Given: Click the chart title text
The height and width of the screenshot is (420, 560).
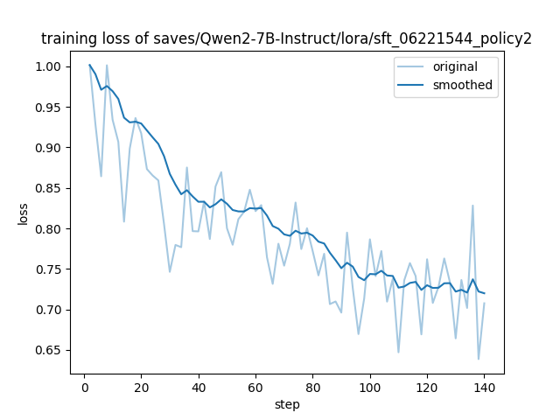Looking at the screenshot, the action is [286, 38].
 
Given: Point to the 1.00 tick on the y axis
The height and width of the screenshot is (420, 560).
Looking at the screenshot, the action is [50, 66].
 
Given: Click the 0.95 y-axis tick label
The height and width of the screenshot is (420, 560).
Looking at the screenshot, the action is [50, 108].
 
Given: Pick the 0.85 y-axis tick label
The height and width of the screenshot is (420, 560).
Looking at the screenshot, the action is [50, 188].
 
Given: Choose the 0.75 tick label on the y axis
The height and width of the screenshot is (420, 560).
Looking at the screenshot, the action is [50, 269].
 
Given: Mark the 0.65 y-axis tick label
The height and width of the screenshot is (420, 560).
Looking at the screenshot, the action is [50, 350].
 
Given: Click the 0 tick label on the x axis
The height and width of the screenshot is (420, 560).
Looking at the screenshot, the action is [85, 388].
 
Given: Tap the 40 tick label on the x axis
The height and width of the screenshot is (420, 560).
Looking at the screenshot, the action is [199, 388].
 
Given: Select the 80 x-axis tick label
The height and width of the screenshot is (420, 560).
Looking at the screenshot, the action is [313, 388].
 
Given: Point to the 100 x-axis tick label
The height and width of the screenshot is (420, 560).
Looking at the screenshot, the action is [370, 388].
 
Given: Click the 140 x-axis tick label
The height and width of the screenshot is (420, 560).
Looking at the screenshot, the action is [484, 388].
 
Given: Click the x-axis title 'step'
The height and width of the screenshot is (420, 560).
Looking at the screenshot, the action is [287, 405].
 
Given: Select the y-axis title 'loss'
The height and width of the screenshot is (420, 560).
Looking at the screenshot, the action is [23, 214].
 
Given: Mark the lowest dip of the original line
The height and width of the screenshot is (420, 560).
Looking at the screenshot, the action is [479, 359].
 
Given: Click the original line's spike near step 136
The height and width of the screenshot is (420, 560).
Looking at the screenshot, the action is [472, 206].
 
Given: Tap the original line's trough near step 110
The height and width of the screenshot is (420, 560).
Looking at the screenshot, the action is [398, 353].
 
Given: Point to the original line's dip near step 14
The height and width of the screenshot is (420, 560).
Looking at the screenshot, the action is [124, 221].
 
